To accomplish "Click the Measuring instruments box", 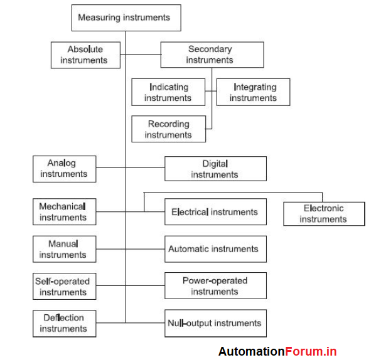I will [x=126, y=18].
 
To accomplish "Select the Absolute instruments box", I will [x=85, y=55].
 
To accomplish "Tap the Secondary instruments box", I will [x=212, y=55].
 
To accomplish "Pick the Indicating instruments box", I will [x=168, y=92].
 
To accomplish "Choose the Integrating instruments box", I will [x=254, y=92].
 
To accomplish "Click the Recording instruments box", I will [x=168, y=129].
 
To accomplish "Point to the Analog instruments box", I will [x=64, y=169].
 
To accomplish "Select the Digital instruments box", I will [x=215, y=169].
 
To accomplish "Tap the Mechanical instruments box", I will [x=64, y=211].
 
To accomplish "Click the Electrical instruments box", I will [x=215, y=212].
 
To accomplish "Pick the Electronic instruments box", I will [x=324, y=213].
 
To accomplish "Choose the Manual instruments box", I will [x=64, y=249].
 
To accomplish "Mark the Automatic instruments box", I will [x=215, y=249].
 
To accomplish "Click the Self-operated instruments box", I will [x=64, y=286].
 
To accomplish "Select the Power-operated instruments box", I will [x=215, y=285].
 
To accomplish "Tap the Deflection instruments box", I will [x=64, y=323].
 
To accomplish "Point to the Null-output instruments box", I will [x=215, y=323].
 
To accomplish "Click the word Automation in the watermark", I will [x=252, y=352].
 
